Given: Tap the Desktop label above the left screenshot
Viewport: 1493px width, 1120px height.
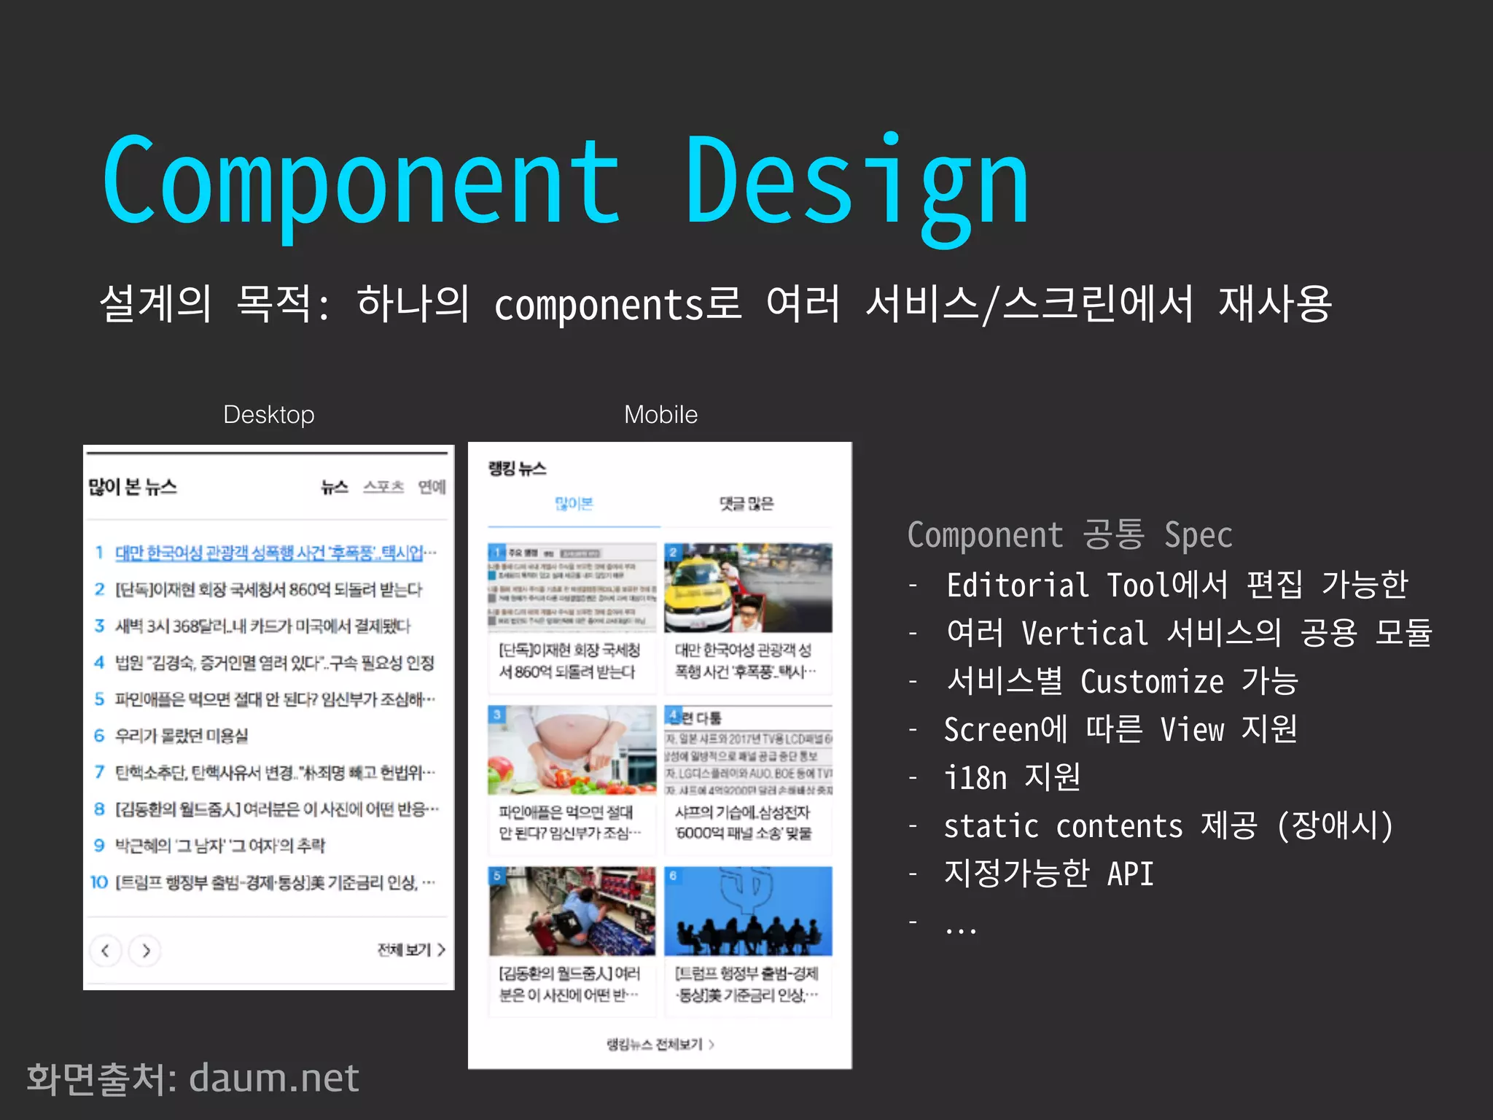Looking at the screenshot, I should (268, 414).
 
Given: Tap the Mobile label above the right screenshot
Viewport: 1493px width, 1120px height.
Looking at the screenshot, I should (660, 414).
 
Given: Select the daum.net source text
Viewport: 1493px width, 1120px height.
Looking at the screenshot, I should (274, 1078).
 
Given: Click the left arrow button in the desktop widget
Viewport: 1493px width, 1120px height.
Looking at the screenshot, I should (106, 950).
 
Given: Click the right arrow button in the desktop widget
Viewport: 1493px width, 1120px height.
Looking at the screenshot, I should (145, 950).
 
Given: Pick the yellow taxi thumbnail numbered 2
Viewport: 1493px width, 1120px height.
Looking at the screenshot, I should (748, 588).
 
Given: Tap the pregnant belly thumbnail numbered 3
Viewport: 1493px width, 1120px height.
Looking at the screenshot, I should (572, 750).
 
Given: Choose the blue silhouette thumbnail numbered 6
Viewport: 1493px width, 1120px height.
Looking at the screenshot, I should (748, 911).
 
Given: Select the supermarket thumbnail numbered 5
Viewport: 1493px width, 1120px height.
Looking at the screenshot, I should (572, 911).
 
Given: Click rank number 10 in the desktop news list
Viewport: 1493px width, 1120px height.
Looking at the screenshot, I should (99, 882).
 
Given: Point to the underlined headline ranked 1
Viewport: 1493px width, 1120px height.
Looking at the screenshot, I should (270, 553).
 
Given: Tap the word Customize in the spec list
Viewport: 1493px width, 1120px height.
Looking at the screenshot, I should (1152, 681).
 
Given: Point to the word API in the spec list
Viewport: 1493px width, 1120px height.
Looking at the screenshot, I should (1130, 874).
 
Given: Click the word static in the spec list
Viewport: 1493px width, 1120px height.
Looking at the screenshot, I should (991, 826).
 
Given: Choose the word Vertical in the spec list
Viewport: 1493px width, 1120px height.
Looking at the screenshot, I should (1084, 633).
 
